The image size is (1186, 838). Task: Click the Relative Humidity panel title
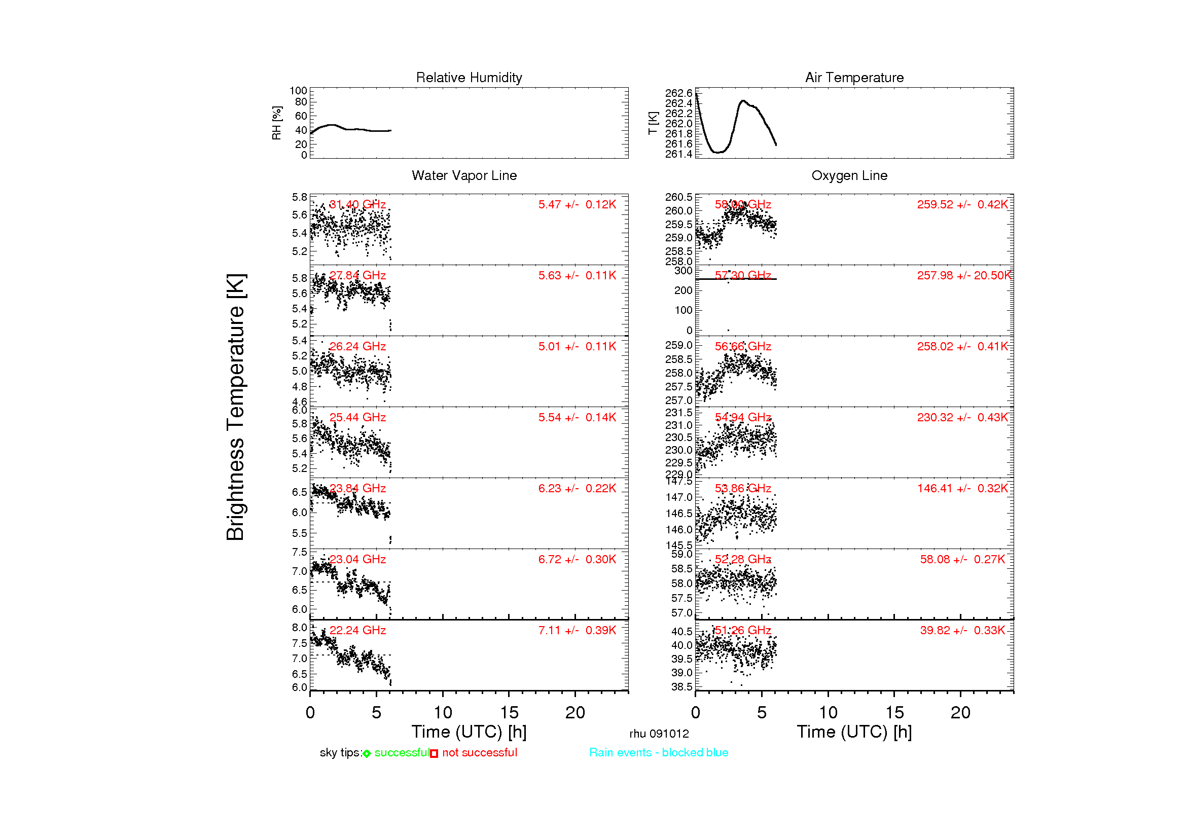click(469, 78)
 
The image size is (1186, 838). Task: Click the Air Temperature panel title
click(854, 78)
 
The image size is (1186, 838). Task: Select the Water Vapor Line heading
click(464, 175)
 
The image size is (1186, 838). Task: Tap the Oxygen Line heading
click(849, 175)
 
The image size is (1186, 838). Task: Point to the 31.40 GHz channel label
click(357, 204)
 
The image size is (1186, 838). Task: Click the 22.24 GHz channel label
click(357, 630)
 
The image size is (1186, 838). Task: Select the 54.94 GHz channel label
click(742, 417)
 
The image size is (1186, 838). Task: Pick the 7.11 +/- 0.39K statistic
click(577, 630)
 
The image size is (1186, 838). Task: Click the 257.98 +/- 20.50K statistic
click(963, 275)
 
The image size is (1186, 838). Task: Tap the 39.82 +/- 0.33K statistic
click(962, 630)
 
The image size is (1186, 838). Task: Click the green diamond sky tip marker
click(367, 753)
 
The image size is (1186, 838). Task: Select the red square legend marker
click(434, 753)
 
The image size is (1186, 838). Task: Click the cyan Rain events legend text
click(658, 752)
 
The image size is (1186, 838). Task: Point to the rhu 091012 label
click(659, 734)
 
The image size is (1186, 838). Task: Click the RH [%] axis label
click(276, 123)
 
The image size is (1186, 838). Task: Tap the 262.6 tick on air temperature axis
click(678, 93)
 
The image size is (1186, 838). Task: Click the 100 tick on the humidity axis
click(298, 91)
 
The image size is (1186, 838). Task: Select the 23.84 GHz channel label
click(357, 488)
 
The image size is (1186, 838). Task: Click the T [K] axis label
click(653, 123)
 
